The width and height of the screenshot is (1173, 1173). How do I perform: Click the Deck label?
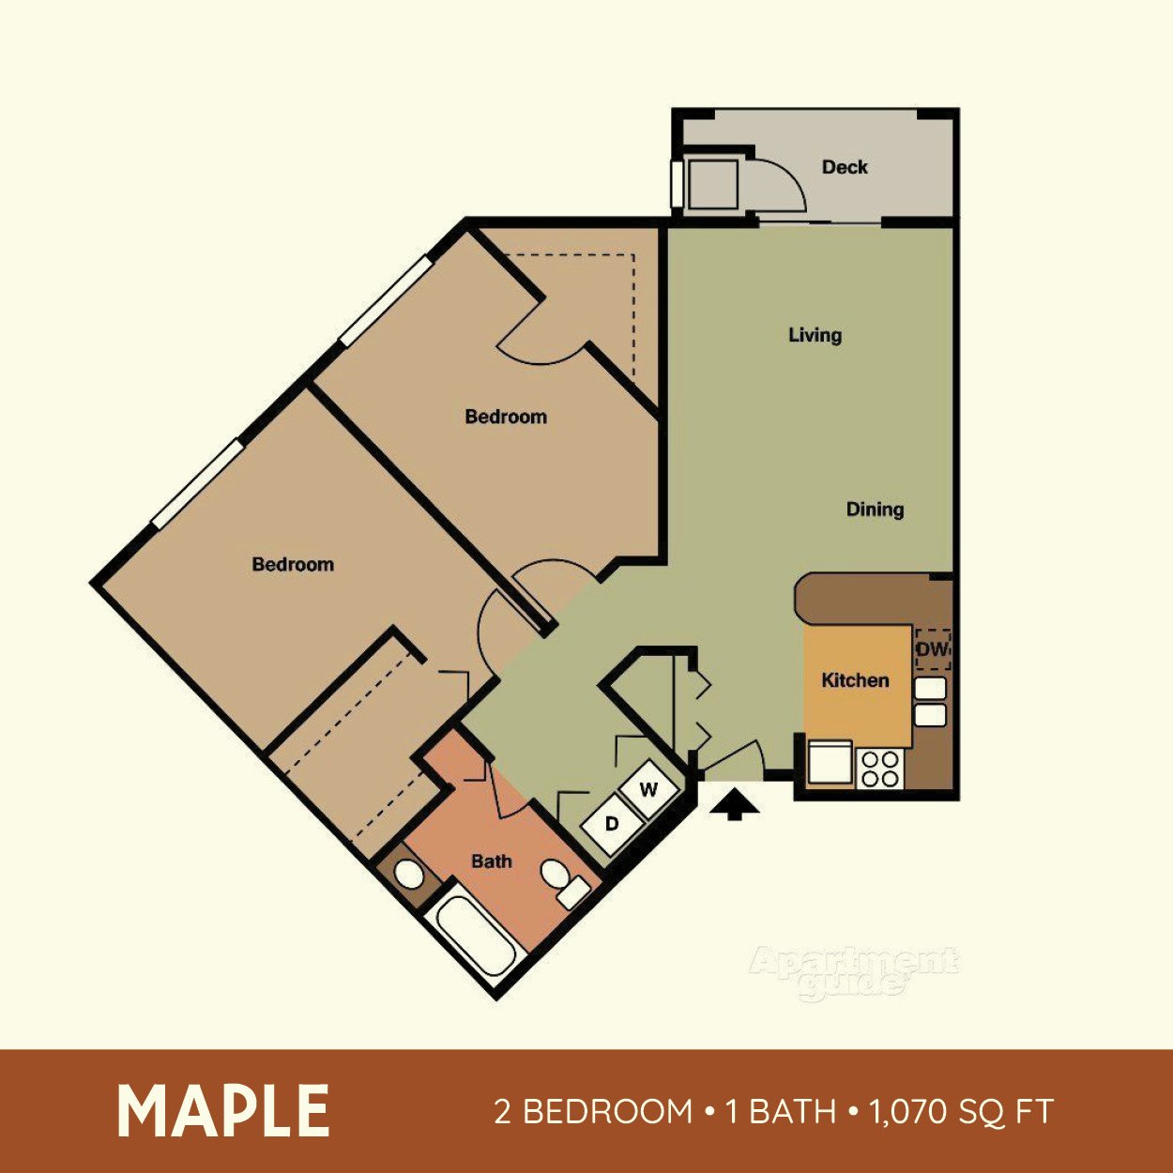coord(845,167)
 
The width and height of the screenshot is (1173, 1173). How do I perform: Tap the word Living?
coord(815,335)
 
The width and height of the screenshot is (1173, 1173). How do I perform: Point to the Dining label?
coord(875,510)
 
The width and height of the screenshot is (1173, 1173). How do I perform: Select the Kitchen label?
coord(855,680)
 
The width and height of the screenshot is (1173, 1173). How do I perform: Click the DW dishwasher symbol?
coord(933,649)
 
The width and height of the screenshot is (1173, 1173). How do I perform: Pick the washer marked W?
coord(649,789)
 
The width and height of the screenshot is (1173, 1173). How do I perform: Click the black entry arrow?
coord(734,804)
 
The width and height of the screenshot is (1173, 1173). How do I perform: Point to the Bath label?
coord(492,861)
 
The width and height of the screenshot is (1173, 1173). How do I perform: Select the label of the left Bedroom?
coord(293,565)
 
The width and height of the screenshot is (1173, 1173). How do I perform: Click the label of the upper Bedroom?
coord(506,417)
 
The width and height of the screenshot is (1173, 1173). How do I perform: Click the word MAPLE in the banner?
coord(223,1111)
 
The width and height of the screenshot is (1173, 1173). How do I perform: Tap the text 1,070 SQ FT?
coord(960,1112)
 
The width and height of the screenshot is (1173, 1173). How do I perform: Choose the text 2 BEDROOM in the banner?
coord(593,1112)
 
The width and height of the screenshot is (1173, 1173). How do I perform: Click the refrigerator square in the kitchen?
coord(830,761)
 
